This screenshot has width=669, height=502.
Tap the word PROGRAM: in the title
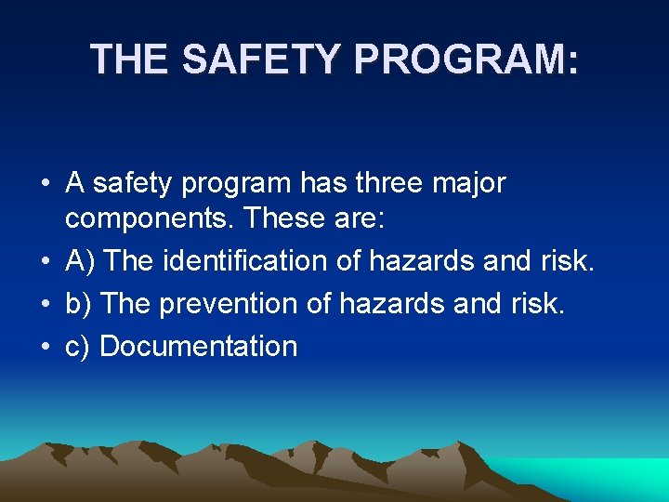click(466, 59)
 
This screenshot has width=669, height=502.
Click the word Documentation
click(198, 346)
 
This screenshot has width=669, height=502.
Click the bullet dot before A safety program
click(45, 184)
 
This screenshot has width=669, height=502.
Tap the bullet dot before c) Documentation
click(45, 347)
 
